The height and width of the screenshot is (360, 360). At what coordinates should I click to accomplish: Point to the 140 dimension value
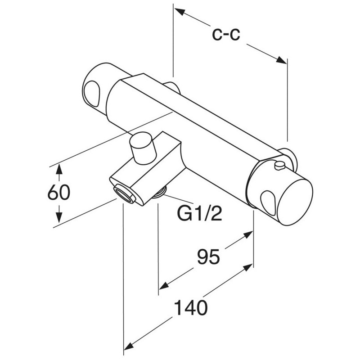(191, 309)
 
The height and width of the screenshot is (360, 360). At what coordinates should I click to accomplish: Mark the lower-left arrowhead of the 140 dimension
(128, 346)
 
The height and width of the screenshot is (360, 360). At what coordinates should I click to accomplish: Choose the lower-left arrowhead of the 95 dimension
(163, 286)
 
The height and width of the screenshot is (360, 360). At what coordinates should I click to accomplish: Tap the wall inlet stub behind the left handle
(171, 85)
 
